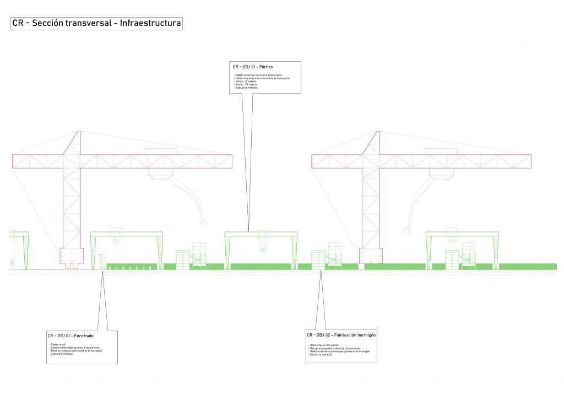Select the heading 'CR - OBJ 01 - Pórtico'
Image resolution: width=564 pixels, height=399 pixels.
click(253, 67)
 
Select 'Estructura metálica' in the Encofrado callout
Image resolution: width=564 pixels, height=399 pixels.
click(61, 354)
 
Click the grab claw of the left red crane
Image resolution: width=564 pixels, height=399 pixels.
click(204, 223)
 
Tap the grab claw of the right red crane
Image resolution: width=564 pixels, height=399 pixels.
click(407, 230)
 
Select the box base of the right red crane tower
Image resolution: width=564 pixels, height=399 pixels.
click(371, 255)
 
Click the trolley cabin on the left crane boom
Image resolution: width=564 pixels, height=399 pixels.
click(161, 172)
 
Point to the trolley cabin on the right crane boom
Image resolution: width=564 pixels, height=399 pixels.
click(441, 172)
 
